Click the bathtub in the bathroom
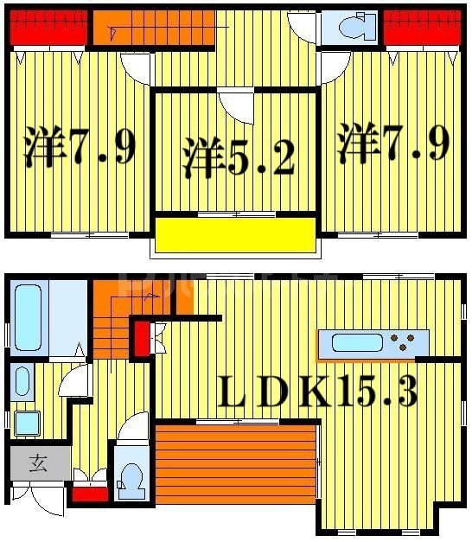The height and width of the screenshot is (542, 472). pos(28,317)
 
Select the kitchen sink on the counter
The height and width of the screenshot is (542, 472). pos(358,343)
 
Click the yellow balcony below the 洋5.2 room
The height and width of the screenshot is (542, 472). pos(235,235)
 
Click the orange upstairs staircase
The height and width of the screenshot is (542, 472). pos(153,31)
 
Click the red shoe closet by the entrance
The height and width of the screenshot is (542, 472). pos(90,494)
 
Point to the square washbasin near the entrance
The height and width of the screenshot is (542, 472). pos(27,424)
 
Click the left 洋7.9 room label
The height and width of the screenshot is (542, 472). pos(79,147)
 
